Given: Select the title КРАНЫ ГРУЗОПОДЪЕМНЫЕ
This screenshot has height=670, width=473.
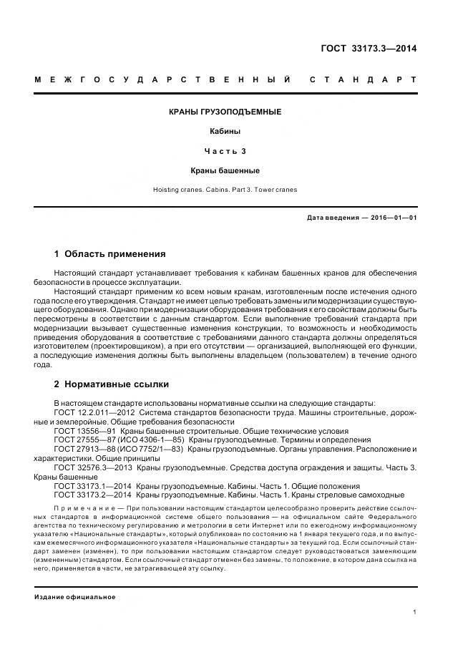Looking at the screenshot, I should coord(225,112).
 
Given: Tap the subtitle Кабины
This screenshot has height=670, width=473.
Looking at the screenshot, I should coord(225,132).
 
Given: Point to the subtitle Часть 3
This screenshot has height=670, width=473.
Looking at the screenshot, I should coord(225,151).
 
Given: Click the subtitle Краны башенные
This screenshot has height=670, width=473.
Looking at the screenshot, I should coord(225,170).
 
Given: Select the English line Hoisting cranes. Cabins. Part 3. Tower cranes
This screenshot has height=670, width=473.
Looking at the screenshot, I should coord(225,190).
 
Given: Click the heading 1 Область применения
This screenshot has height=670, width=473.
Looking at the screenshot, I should coord(110,254).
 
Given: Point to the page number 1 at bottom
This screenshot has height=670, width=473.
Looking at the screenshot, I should coord(415,612).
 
